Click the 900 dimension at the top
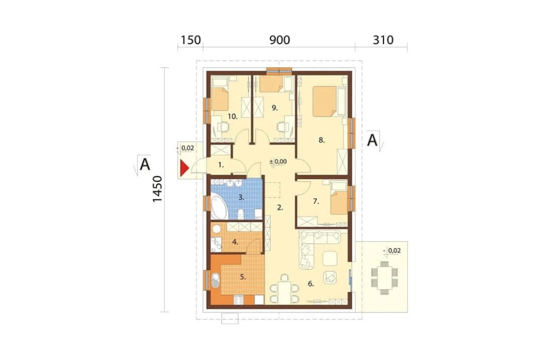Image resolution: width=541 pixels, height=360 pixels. tap(279, 41)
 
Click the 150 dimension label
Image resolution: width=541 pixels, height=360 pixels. tap(190, 41)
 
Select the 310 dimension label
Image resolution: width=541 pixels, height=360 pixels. tap(381, 41)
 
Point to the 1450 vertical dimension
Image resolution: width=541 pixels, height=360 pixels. tap(157, 189)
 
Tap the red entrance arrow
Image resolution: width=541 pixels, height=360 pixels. tap(184, 168)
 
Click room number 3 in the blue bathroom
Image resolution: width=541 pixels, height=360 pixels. tap(242, 198)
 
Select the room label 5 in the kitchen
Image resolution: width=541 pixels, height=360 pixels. tap(243, 277)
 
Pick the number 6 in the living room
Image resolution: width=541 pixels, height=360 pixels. tap(311, 284)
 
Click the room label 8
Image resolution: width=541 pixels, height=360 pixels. tap(321, 140)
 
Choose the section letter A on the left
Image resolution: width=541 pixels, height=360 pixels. tap(145, 164)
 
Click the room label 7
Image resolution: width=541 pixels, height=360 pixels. tap(316, 202)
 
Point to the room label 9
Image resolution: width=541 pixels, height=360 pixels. tap(274, 108)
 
